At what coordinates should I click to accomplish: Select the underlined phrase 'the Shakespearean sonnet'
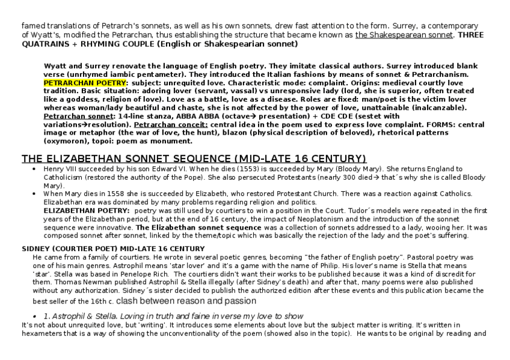click(x=404, y=35)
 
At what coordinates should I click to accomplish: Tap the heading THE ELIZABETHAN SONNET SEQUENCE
click(x=194, y=159)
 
